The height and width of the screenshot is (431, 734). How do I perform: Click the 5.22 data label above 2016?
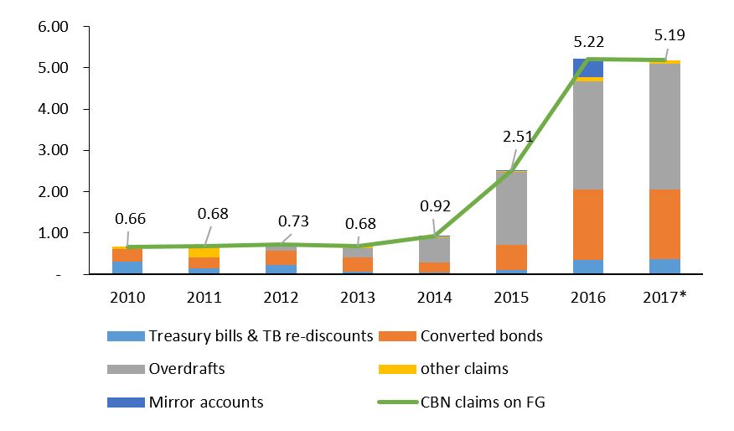pyautogui.click(x=588, y=40)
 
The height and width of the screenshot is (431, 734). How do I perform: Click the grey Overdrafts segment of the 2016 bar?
pyautogui.click(x=588, y=135)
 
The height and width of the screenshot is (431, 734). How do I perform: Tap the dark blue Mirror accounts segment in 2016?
pyautogui.click(x=588, y=68)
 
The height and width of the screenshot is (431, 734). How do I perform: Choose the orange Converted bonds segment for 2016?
pyautogui.click(x=588, y=224)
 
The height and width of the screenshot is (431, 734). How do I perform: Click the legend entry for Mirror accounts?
pyautogui.click(x=204, y=402)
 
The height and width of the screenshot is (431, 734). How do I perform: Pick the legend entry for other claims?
pyautogui.click(x=463, y=369)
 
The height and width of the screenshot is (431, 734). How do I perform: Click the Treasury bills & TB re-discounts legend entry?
pyautogui.click(x=260, y=336)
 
